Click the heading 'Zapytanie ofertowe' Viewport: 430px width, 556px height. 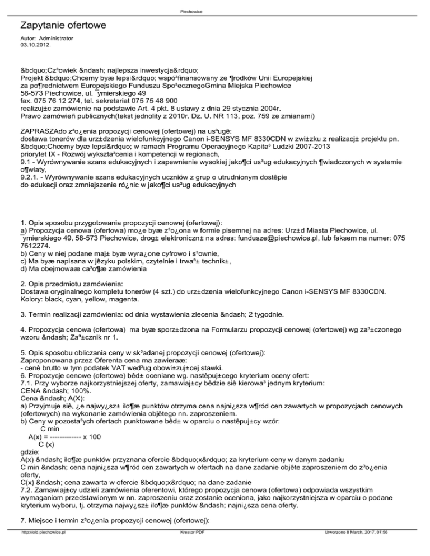tap(63, 26)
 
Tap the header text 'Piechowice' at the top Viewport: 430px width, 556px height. tap(215, 11)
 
